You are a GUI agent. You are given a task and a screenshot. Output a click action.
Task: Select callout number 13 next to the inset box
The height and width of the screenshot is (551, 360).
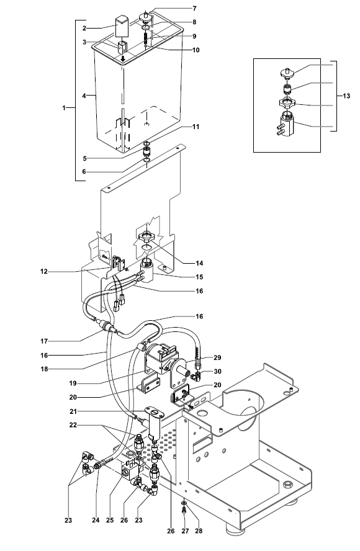[348, 96]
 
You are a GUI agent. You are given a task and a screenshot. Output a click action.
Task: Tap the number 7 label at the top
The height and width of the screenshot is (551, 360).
[195, 9]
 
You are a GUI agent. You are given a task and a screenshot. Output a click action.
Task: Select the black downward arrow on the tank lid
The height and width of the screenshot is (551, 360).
[124, 60]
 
